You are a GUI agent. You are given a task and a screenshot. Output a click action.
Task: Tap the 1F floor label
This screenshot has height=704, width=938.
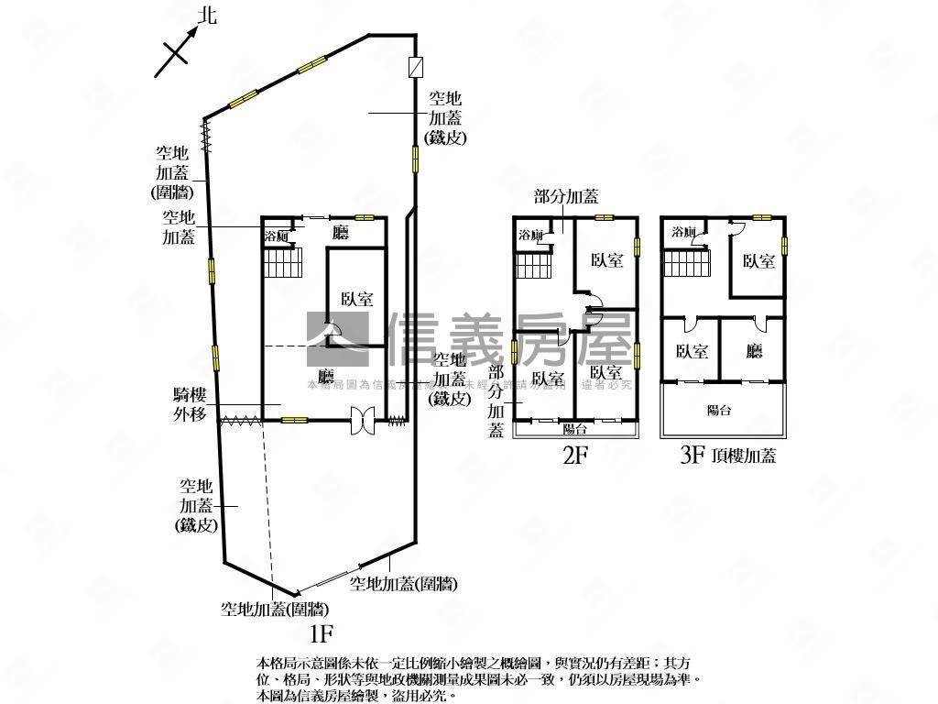(x=320, y=632)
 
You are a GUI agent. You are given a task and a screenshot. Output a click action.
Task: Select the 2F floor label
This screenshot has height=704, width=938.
(x=573, y=456)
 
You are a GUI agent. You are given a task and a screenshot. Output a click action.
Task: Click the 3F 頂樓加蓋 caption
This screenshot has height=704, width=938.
(x=727, y=455)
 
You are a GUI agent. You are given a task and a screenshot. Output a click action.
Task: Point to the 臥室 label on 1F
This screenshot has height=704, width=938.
(x=357, y=299)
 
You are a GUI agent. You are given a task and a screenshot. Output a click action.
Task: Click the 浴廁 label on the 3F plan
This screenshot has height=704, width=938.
(x=683, y=232)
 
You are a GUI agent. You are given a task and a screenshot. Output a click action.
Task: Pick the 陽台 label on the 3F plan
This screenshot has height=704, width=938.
(x=719, y=411)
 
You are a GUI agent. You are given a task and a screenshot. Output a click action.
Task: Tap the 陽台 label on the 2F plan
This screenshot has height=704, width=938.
(x=574, y=429)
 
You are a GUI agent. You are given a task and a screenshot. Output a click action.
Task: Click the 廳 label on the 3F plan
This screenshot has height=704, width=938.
(x=755, y=351)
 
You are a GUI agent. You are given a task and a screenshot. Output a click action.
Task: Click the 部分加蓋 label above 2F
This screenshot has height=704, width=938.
(x=566, y=196)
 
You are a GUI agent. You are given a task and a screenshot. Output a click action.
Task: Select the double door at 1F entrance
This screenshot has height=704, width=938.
(x=364, y=420)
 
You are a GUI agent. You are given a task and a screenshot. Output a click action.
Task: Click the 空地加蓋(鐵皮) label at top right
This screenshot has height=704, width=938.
(x=446, y=117)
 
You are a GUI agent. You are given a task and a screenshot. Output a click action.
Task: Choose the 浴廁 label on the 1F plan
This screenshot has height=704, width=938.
(x=277, y=236)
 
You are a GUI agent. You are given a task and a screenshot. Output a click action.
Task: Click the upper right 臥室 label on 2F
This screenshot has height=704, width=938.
(x=606, y=260)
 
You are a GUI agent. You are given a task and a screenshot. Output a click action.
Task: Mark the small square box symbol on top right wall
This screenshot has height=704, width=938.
(x=416, y=67)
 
